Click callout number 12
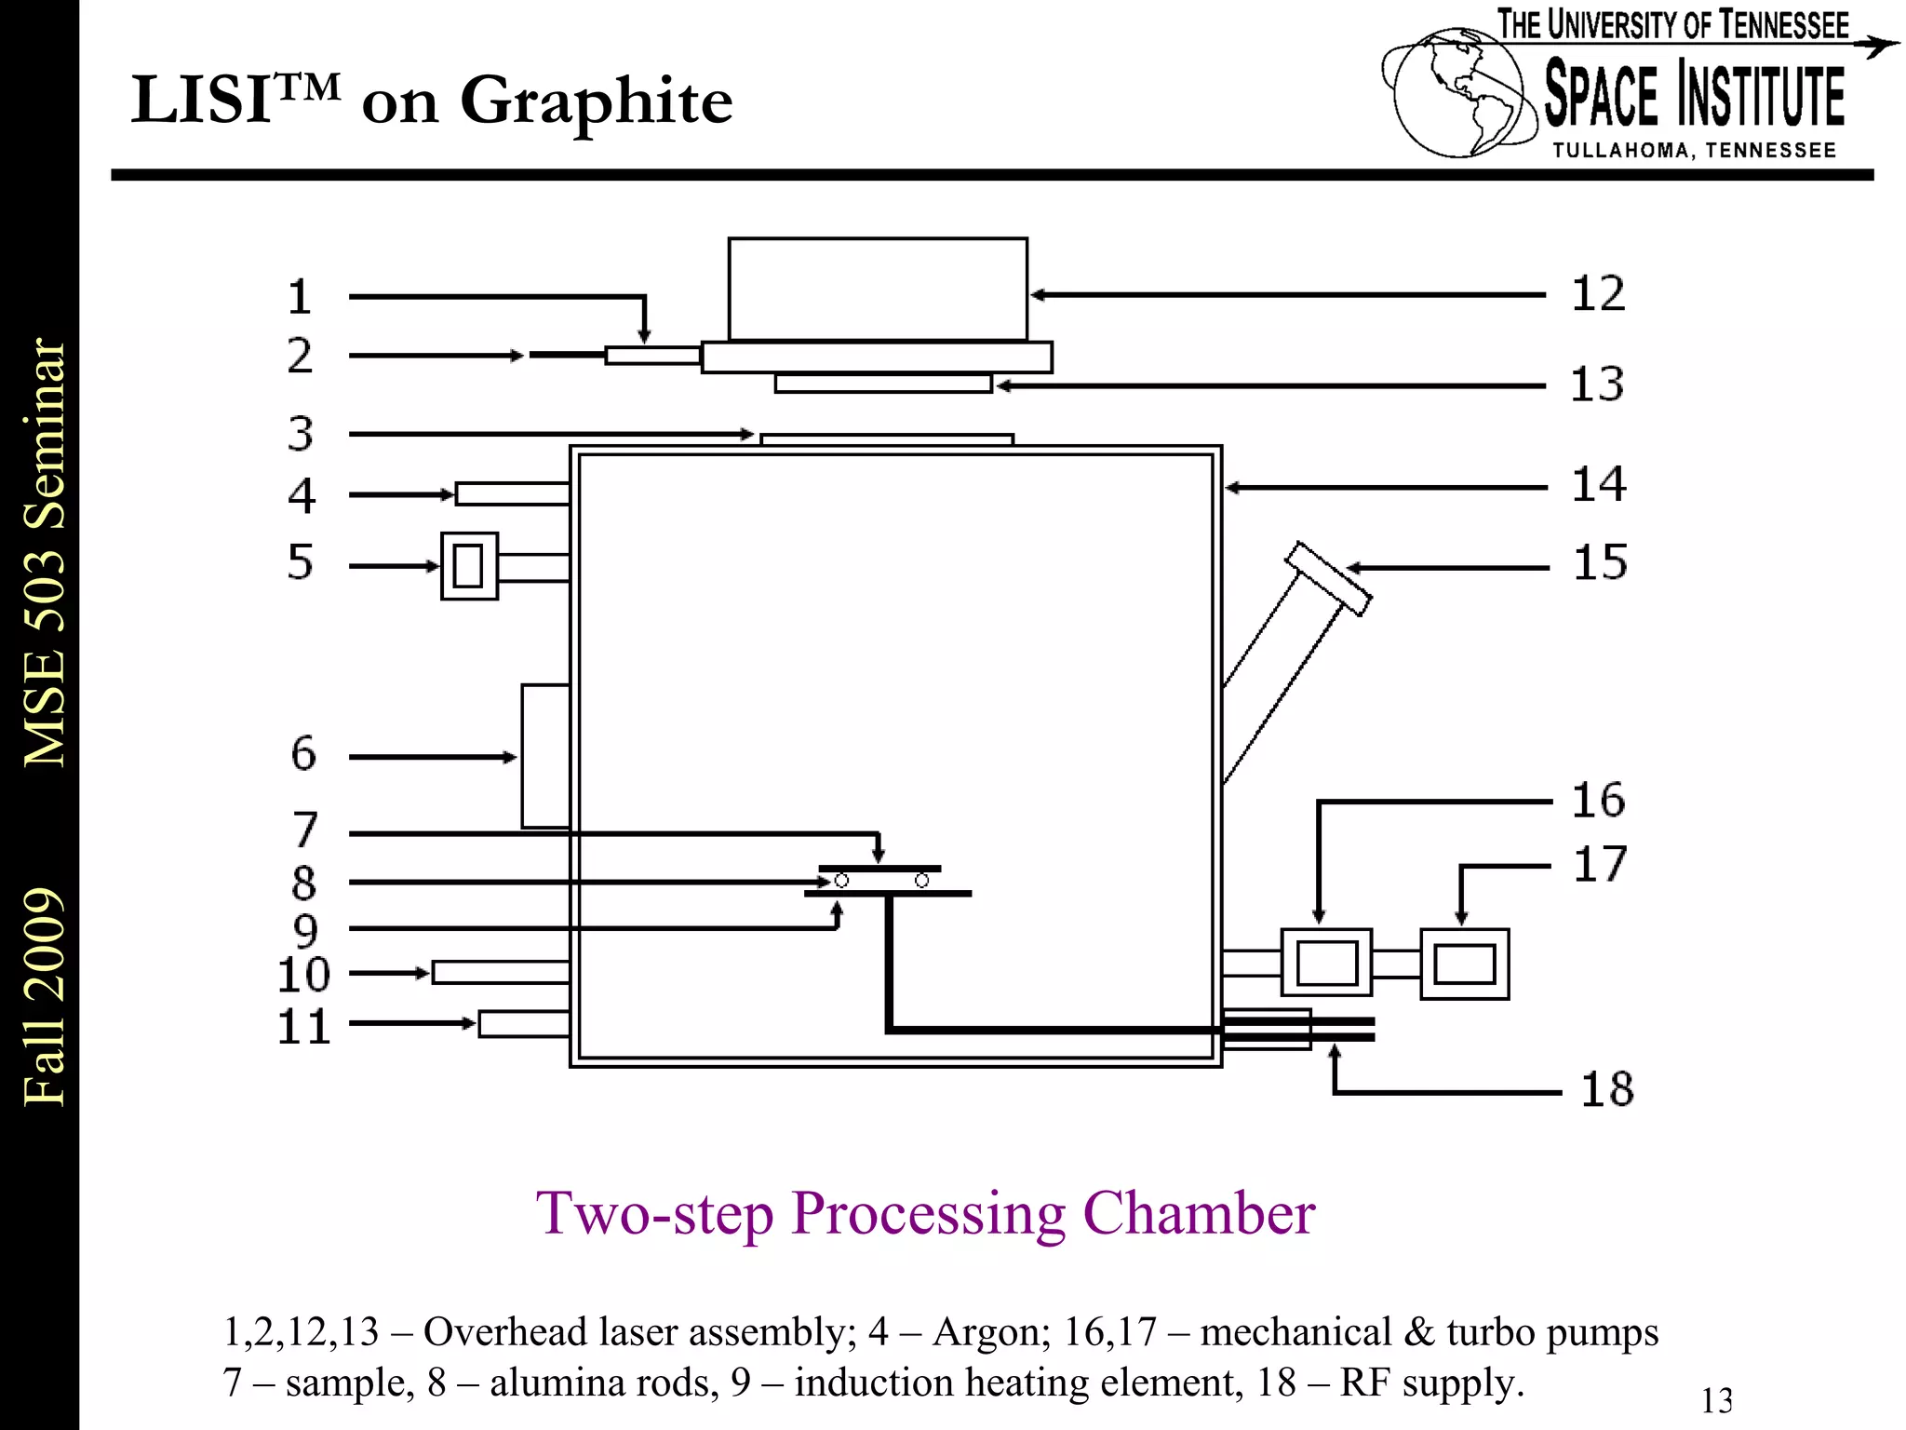tap(1598, 294)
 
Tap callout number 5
tap(300, 562)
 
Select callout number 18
tap(1607, 1089)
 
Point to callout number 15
tap(1600, 563)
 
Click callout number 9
tap(305, 930)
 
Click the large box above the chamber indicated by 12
tap(878, 290)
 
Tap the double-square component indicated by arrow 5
tap(469, 566)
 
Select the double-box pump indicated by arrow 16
tap(1326, 964)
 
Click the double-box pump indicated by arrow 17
tap(1464, 965)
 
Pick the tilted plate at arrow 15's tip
tap(1328, 579)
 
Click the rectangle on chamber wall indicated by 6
tap(545, 756)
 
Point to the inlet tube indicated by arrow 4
tap(512, 494)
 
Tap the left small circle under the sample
tap(841, 881)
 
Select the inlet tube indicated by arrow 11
tap(524, 1024)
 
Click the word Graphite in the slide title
tap(596, 101)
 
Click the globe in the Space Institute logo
tap(1459, 93)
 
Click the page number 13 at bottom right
tap(1716, 1400)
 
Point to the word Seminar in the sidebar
tap(45, 434)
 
